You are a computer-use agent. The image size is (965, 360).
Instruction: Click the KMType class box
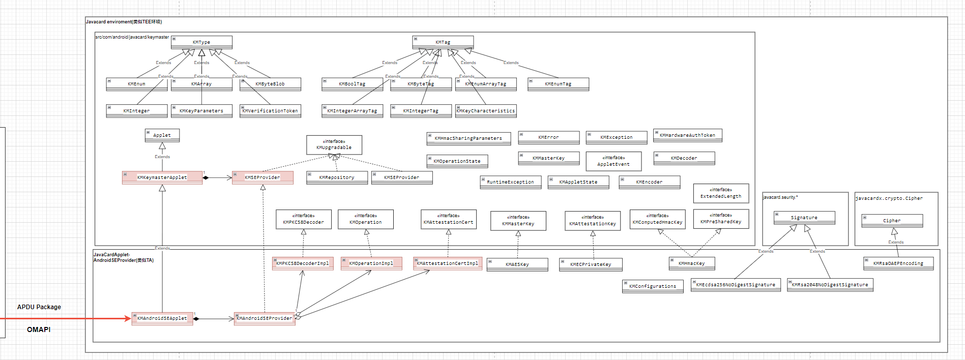pyautogui.click(x=201, y=42)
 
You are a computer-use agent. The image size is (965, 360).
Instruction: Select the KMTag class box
pyautogui.click(x=443, y=42)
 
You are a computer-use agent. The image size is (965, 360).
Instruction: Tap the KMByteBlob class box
pyautogui.click(x=270, y=84)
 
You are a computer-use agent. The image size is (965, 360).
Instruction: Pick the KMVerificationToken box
pyautogui.click(x=270, y=111)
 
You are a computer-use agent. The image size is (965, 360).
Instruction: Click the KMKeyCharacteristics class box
pyautogui.click(x=486, y=111)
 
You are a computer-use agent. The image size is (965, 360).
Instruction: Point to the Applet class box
pyautogui.click(x=162, y=135)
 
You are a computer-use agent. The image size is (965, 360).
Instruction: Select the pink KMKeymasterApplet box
pyautogui.click(x=162, y=177)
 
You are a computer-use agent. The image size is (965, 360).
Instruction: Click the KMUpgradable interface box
pyautogui.click(x=334, y=145)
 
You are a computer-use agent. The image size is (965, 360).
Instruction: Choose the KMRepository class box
pyautogui.click(x=337, y=177)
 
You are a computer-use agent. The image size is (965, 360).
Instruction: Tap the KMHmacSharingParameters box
pyautogui.click(x=469, y=138)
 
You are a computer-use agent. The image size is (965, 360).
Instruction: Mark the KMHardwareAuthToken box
pyautogui.click(x=687, y=135)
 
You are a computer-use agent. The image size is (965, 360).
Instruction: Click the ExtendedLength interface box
pyautogui.click(x=721, y=193)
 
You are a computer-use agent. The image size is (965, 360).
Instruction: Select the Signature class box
pyautogui.click(x=804, y=218)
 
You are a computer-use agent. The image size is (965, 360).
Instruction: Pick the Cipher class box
pyautogui.click(x=892, y=221)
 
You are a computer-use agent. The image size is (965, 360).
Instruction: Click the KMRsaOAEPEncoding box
pyautogui.click(x=898, y=263)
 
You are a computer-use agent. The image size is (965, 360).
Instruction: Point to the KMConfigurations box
pyautogui.click(x=653, y=286)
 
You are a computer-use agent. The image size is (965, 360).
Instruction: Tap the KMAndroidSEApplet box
pyautogui.click(x=162, y=318)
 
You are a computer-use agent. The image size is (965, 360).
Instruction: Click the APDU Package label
pyautogui.click(x=39, y=307)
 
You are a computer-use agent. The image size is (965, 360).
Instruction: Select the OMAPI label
pyautogui.click(x=39, y=329)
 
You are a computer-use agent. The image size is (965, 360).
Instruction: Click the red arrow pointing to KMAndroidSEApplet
pyautogui.click(x=61, y=319)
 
